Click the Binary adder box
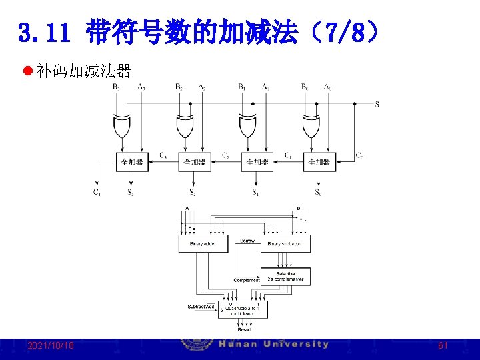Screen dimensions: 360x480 point(203,244)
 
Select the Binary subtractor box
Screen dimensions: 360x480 point(285,244)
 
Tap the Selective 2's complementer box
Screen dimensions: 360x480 point(285,276)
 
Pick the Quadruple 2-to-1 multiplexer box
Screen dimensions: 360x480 point(243,309)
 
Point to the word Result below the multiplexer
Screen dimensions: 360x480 point(244,329)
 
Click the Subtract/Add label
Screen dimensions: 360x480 point(201,307)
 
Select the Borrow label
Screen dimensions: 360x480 point(247,240)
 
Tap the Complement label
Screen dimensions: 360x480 point(247,281)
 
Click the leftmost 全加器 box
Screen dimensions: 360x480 point(131,162)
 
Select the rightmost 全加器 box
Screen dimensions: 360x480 point(319,162)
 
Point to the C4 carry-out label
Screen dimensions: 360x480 point(97,193)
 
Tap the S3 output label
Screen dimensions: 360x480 point(131,193)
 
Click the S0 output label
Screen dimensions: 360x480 point(318,193)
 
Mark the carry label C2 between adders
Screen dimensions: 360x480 point(225,156)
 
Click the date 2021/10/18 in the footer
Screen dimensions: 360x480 point(51,346)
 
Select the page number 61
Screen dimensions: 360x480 point(443,346)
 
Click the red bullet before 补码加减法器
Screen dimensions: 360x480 point(28,71)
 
